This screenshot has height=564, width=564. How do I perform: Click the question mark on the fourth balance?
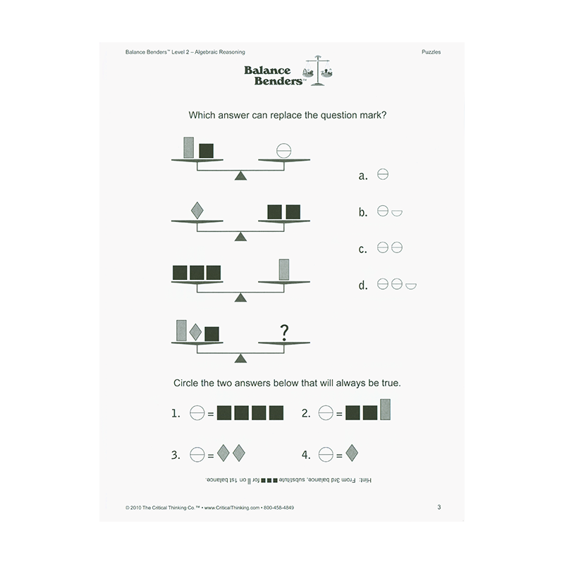pyautogui.click(x=284, y=331)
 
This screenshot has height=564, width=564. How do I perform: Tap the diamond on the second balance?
pyautogui.click(x=197, y=210)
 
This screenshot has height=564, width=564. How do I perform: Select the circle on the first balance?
pyautogui.click(x=283, y=150)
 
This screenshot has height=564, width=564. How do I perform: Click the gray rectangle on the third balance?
pyautogui.click(x=284, y=270)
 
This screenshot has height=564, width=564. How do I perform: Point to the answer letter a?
pyautogui.click(x=363, y=176)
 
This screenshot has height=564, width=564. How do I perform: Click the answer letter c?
pyautogui.click(x=363, y=250)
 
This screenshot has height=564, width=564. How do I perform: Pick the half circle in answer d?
pyautogui.click(x=411, y=286)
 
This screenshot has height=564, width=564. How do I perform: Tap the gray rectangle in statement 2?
pyautogui.click(x=385, y=410)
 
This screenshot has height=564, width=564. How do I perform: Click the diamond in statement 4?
pyautogui.click(x=350, y=453)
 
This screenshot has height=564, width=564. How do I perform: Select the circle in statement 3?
pyautogui.click(x=197, y=455)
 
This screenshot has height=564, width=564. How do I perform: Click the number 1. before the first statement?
pyautogui.click(x=176, y=415)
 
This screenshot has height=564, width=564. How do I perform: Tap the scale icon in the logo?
pyautogui.click(x=319, y=71)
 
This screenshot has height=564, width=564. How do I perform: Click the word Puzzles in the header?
pyautogui.click(x=431, y=52)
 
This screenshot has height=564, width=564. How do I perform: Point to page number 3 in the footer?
pyautogui.click(x=439, y=507)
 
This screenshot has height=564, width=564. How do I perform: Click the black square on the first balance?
pyautogui.click(x=206, y=150)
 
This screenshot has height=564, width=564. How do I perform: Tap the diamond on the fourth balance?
pyautogui.click(x=196, y=332)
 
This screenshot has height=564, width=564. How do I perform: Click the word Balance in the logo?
pyautogui.click(x=268, y=70)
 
